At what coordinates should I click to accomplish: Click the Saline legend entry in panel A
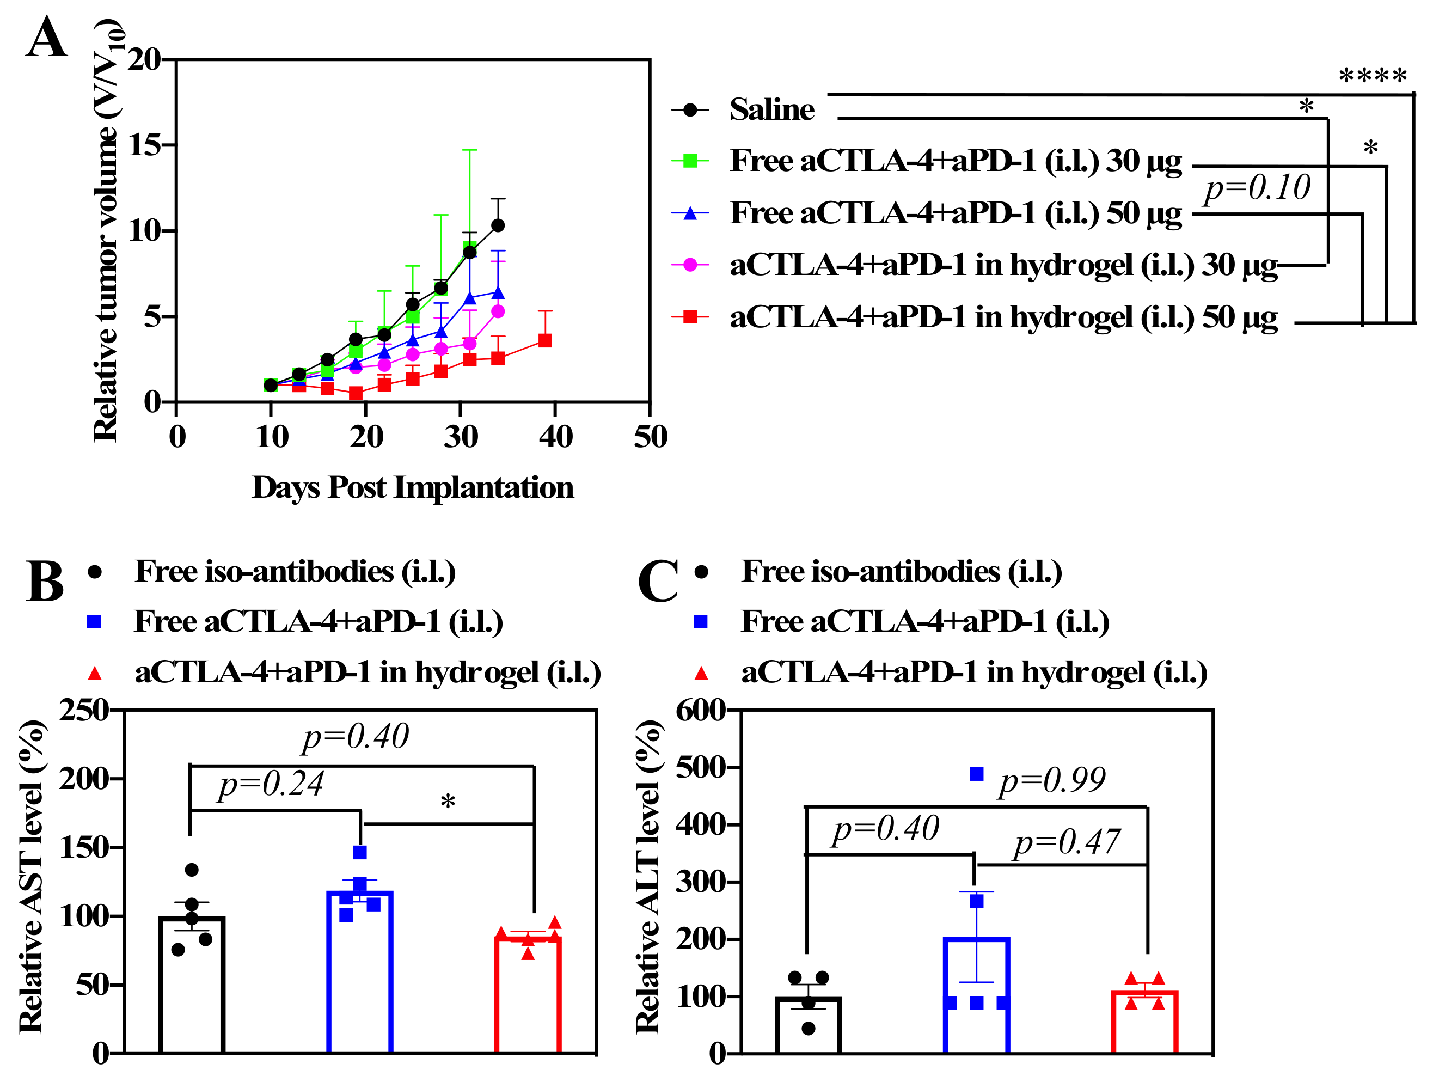[x=771, y=109]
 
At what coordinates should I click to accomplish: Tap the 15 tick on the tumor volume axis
[x=144, y=145]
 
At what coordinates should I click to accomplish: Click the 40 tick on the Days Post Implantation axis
[x=555, y=437]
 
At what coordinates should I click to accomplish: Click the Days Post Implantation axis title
[x=413, y=487]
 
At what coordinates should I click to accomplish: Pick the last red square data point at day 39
[x=546, y=340]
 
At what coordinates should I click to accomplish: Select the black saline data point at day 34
[x=498, y=225]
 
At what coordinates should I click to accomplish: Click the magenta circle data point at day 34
[x=498, y=311]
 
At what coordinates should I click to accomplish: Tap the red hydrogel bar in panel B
[x=528, y=994]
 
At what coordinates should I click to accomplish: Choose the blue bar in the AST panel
[x=359, y=971]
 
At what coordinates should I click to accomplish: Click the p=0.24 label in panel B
[x=271, y=785]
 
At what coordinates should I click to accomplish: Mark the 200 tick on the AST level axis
[x=84, y=779]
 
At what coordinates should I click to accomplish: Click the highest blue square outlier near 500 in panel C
[x=976, y=773]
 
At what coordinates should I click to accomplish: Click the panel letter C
[x=657, y=581]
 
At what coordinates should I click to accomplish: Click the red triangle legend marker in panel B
[x=95, y=674]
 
